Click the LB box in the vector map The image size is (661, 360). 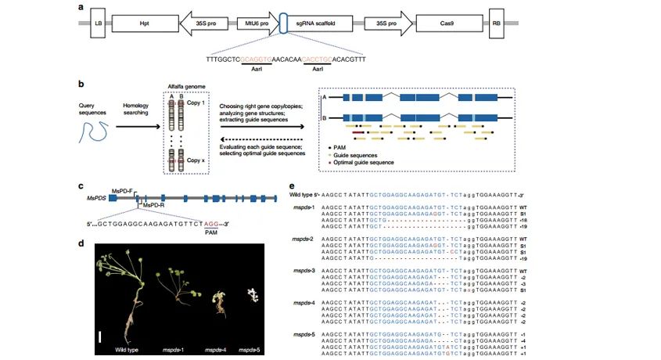98,25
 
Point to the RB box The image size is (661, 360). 496,25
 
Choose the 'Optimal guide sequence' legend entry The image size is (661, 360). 373,161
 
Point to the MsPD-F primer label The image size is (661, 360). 124,190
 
